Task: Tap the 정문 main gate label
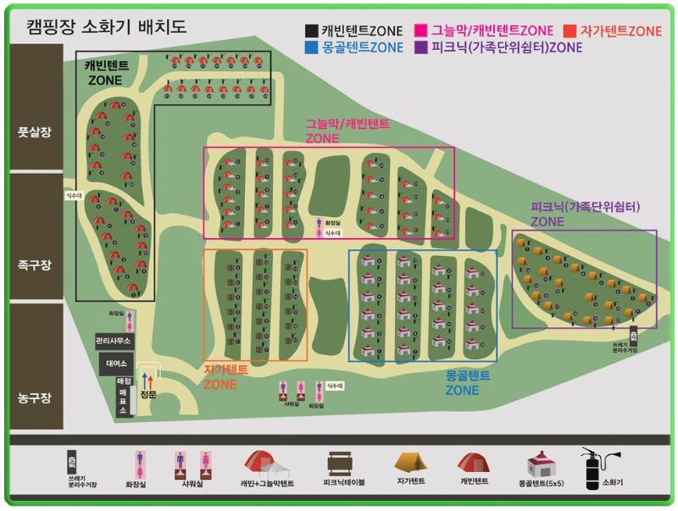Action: tap(148, 395)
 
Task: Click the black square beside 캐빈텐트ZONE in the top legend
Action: tap(312, 31)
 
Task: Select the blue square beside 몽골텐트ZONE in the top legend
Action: tap(312, 47)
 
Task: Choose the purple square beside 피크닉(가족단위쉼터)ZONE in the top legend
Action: tap(420, 47)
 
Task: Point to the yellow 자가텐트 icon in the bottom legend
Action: tap(410, 463)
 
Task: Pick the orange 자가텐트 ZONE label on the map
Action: tap(225, 376)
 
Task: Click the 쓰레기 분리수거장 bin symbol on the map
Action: tap(633, 333)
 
